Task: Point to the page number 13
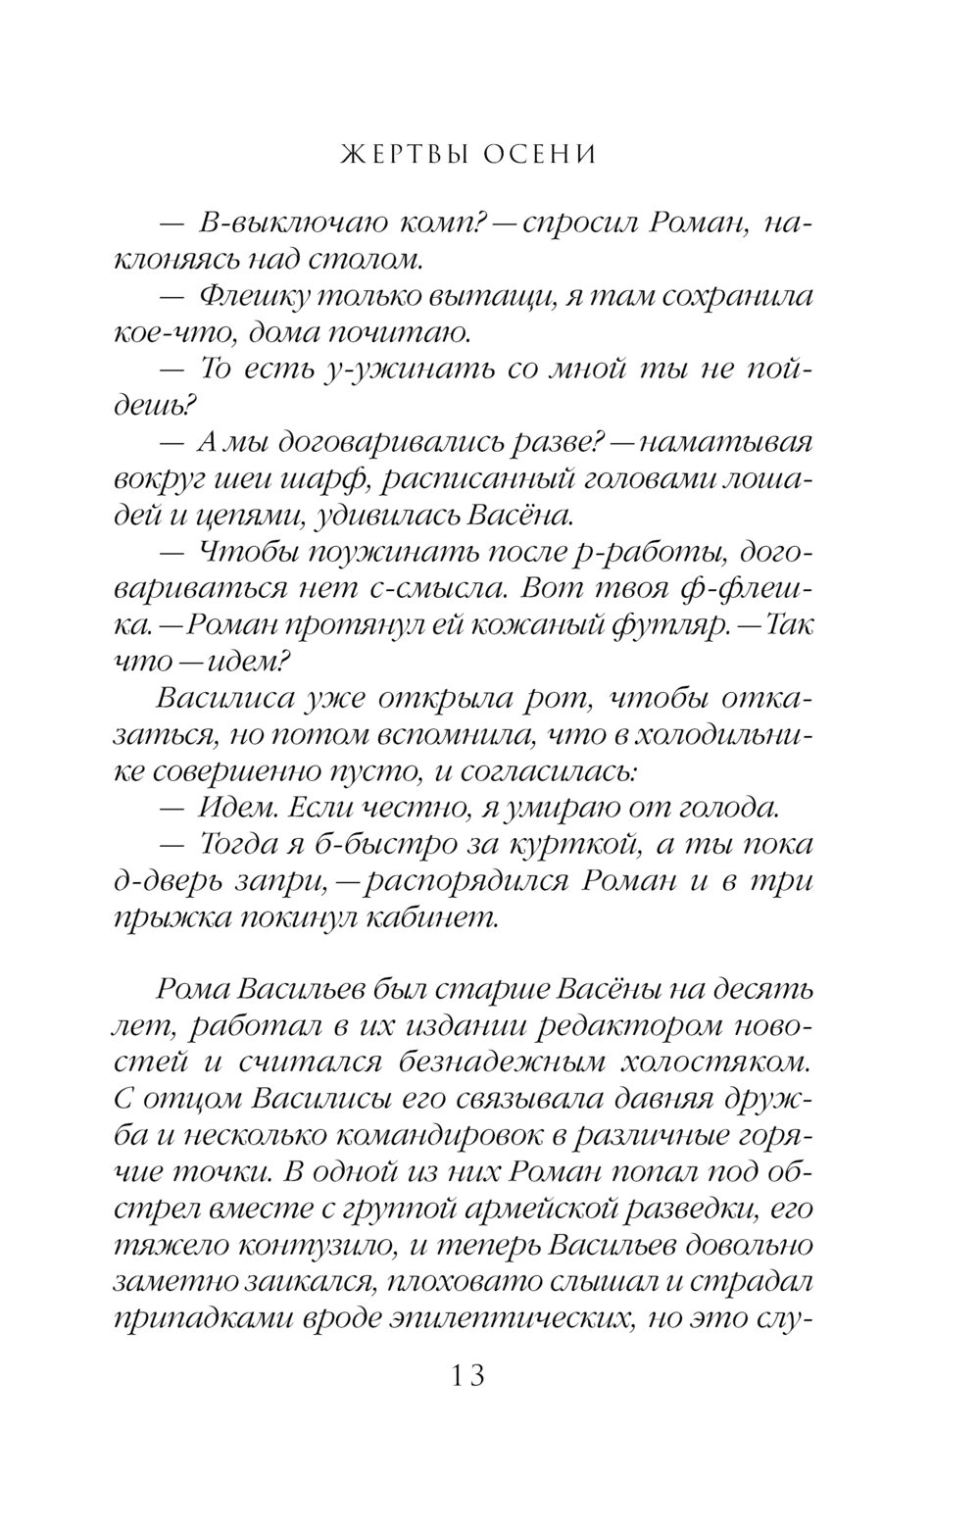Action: (x=468, y=1375)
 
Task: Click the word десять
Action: (x=757, y=990)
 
